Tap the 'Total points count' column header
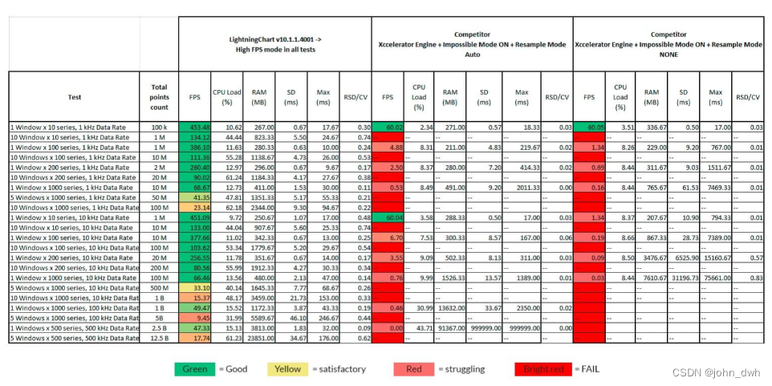point(159,97)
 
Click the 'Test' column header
point(73,97)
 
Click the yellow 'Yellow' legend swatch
point(286,369)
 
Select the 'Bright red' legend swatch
point(542,369)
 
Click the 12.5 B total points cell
point(159,339)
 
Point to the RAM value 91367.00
point(449,328)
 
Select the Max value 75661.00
point(715,278)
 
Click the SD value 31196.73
point(682,278)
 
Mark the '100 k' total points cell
point(159,127)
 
